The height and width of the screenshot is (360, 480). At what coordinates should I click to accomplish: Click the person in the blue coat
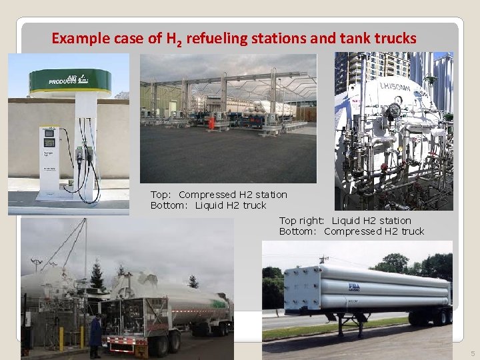[96, 332]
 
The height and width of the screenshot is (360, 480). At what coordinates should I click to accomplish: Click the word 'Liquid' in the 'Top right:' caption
[347, 221]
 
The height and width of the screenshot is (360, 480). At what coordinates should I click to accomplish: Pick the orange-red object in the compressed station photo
[211, 123]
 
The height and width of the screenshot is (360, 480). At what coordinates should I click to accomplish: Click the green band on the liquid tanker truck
[217, 304]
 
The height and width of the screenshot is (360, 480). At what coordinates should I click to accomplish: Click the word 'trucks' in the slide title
[396, 39]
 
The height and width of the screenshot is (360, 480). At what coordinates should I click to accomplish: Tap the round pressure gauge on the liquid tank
[395, 110]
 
